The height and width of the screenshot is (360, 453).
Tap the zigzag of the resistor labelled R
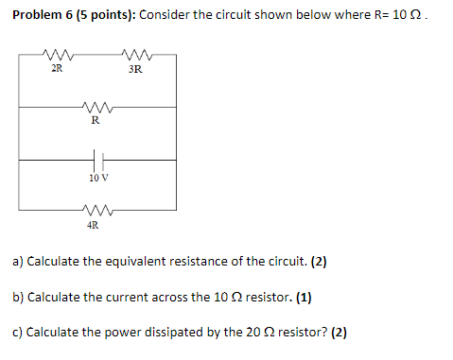[96, 107]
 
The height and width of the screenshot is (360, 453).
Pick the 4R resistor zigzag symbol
[96, 210]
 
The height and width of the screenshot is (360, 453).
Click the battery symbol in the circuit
[96, 161]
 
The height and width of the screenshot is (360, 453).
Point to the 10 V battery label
[96, 177]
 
